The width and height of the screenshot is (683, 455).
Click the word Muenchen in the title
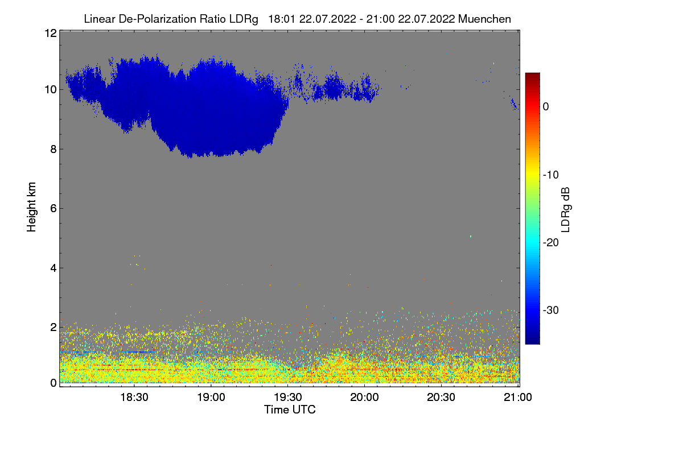484,19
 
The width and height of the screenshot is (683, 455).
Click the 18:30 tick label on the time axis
134,398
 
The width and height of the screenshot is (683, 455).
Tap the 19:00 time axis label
211,398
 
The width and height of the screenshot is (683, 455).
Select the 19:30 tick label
288,398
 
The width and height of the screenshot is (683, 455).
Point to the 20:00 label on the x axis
365,398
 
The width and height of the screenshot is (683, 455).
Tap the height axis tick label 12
50,33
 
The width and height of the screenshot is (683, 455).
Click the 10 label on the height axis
50,89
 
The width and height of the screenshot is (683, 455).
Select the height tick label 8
52,149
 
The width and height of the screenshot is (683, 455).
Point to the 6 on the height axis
52,208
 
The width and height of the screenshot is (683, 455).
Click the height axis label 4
52,267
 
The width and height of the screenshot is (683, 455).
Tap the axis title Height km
32,207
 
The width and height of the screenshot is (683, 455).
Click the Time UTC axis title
290,409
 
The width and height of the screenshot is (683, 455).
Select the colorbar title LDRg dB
566,209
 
